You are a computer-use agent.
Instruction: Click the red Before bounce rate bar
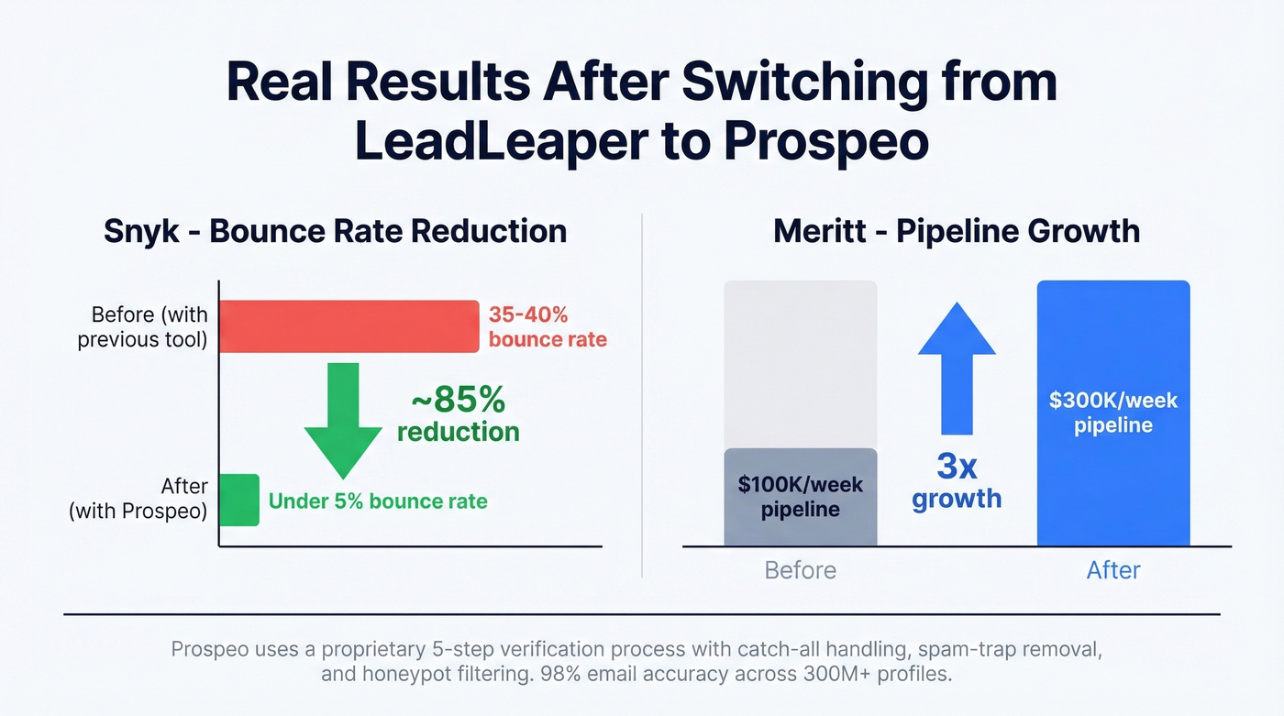pos(349,326)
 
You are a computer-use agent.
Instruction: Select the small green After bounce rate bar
pos(239,500)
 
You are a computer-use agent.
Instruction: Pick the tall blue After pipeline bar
pos(1112,477)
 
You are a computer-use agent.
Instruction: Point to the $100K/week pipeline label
pos(800,496)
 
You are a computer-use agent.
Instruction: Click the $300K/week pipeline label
pos(1113,413)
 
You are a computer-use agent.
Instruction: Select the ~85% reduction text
pos(458,414)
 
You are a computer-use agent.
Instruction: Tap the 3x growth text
pos(957,482)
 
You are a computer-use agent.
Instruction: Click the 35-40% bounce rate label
pos(548,327)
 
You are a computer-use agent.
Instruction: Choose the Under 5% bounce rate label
pos(378,501)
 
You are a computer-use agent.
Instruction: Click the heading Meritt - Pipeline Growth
pos(957,231)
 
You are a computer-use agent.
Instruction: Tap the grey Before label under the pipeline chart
pos(800,570)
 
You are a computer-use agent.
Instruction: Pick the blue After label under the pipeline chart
pos(1112,570)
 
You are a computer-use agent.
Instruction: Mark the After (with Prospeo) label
pos(138,499)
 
